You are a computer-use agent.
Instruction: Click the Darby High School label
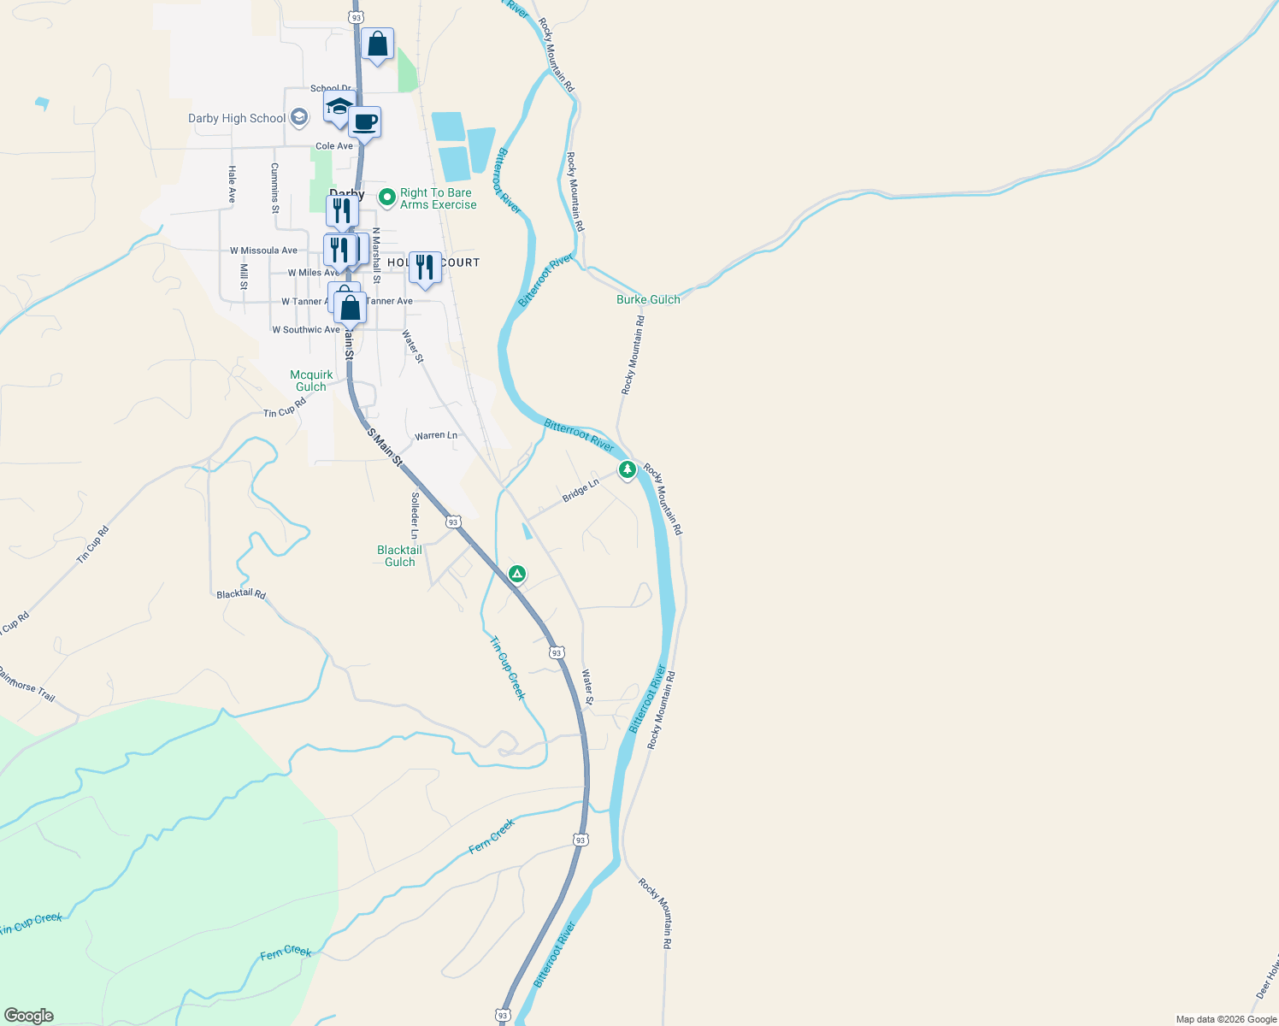click(237, 119)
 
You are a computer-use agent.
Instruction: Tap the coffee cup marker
click(365, 122)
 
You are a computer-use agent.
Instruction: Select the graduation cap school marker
click(339, 108)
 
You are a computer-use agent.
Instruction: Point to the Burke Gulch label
click(648, 300)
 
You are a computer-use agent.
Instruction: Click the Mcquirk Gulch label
click(311, 381)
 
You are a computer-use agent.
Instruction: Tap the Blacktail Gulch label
click(399, 557)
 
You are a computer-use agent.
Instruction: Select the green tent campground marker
click(516, 574)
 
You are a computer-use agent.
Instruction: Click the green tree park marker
click(628, 469)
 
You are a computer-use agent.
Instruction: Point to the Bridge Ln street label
click(581, 491)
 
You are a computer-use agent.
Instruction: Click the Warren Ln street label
click(436, 436)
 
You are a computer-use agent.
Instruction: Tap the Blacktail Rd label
click(241, 594)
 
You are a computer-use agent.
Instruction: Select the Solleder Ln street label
click(415, 516)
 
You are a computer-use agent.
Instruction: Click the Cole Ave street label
click(334, 146)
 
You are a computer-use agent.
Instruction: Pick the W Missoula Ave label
click(263, 251)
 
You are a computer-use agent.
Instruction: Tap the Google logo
click(29, 1016)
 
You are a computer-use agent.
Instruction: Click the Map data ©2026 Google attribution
click(1226, 1019)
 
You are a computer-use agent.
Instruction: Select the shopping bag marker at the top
click(377, 44)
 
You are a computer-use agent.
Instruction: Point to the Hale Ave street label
click(232, 185)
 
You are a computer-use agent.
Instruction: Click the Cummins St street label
click(274, 187)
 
